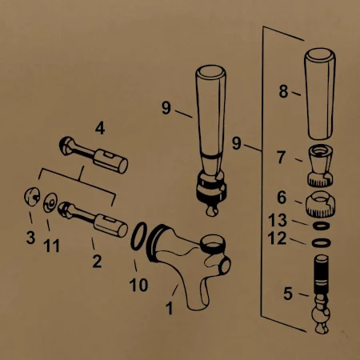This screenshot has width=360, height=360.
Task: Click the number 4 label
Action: (x=100, y=128)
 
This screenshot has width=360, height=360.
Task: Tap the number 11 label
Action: (x=51, y=246)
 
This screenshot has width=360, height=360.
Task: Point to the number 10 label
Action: (x=138, y=285)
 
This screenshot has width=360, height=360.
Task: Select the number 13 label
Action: (x=278, y=220)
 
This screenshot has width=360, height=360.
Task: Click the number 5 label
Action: (x=288, y=294)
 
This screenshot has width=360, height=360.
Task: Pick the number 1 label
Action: (x=170, y=308)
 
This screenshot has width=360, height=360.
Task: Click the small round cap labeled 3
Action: (x=32, y=197)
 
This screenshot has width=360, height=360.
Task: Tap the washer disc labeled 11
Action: (x=50, y=202)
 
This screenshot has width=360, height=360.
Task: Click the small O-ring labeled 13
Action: (x=321, y=226)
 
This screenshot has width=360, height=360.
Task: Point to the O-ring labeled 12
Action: (x=322, y=243)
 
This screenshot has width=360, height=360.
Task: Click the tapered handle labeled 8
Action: (x=320, y=94)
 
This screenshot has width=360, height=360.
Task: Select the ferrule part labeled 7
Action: (x=321, y=166)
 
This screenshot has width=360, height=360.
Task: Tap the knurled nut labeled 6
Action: (x=320, y=204)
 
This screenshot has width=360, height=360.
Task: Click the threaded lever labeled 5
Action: (x=321, y=294)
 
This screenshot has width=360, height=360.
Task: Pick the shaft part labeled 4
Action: (x=94, y=154)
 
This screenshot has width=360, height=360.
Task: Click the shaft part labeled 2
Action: (x=93, y=219)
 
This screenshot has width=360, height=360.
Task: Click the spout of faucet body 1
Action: (x=196, y=296)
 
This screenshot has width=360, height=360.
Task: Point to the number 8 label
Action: (x=283, y=91)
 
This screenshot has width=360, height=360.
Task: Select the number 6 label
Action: (x=282, y=198)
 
